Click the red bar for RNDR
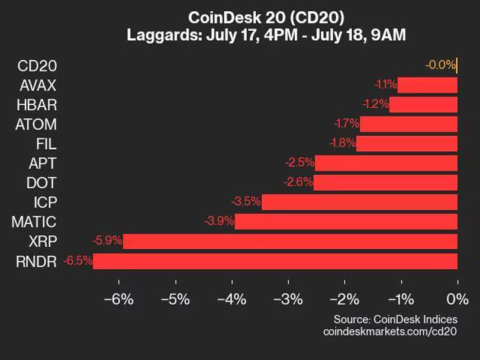(x=275, y=261)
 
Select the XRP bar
(x=290, y=242)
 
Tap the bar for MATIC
(x=346, y=222)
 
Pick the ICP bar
(x=359, y=202)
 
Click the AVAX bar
(x=427, y=85)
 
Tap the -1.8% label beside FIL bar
(x=342, y=144)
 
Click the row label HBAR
(x=38, y=105)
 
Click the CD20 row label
(x=38, y=66)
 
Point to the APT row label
(x=43, y=163)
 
